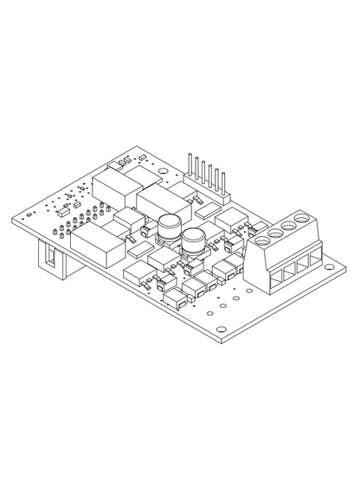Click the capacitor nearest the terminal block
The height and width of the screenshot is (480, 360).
click(x=191, y=239)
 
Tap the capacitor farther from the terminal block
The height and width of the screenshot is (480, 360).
click(x=168, y=226)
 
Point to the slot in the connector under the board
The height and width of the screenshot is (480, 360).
click(x=51, y=257)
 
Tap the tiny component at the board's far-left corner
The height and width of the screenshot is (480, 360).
click(x=29, y=212)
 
